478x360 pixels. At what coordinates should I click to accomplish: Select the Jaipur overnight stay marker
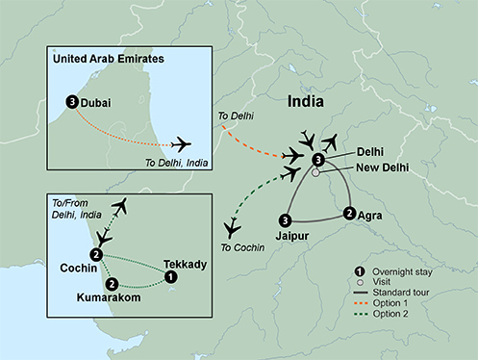tap(285, 219)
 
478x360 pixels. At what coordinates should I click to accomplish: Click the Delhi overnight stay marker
tap(317, 159)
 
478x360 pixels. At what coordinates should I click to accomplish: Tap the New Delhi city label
tap(382, 167)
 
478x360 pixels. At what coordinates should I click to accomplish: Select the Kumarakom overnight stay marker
tap(113, 284)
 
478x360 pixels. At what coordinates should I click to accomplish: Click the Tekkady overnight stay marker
tap(171, 276)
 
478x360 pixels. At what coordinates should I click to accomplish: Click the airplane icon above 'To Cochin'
tap(232, 228)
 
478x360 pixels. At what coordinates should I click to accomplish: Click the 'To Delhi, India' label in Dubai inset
tap(179, 162)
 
